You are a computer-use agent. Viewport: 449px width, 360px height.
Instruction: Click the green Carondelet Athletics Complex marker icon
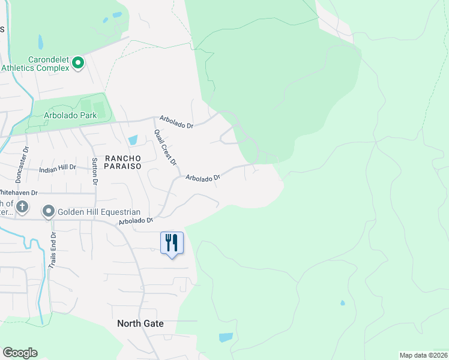77,62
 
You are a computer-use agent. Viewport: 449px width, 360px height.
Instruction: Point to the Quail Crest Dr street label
165,148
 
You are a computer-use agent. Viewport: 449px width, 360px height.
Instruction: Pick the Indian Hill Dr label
58,169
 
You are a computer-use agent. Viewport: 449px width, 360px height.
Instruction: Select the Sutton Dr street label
94,170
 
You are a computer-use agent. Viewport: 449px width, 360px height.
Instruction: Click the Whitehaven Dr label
18,193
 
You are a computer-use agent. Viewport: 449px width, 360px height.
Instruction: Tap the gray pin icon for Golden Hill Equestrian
49,212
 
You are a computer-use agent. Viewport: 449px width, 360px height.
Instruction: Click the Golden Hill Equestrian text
99,212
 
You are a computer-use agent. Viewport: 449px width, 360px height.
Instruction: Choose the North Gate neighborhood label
140,323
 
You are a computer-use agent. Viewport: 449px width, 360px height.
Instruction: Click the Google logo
20,353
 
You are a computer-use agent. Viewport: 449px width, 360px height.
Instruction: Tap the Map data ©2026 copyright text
423,355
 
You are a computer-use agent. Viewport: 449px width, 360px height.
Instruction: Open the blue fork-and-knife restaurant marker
172,243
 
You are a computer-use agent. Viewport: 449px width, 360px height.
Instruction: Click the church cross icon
22,208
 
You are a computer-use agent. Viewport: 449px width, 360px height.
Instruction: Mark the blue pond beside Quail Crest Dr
133,140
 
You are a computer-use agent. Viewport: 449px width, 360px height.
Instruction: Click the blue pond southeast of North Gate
226,337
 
